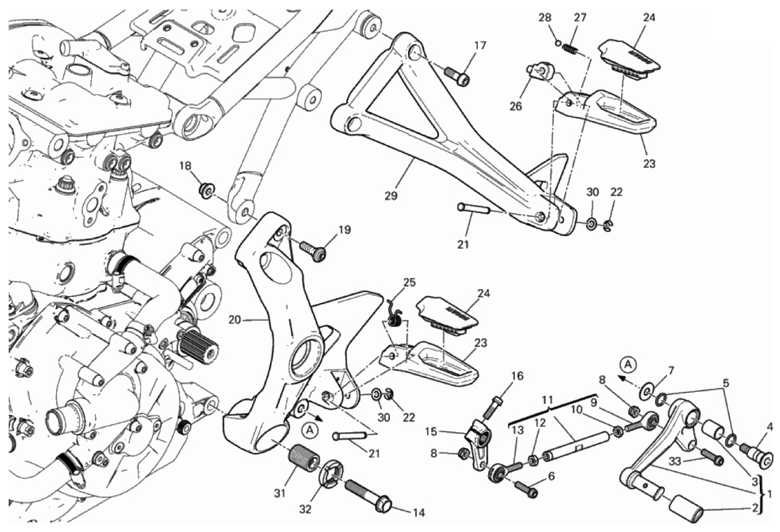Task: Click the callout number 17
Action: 479,46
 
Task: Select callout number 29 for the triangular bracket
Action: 391,196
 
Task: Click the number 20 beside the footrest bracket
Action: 235,320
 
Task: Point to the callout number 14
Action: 418,512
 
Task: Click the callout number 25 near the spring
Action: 409,282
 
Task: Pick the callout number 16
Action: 517,376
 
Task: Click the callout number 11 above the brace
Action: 548,400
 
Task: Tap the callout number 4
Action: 770,428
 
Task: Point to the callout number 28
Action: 545,17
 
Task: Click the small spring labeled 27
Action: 571,50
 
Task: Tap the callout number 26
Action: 515,106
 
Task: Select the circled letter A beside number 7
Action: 628,364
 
